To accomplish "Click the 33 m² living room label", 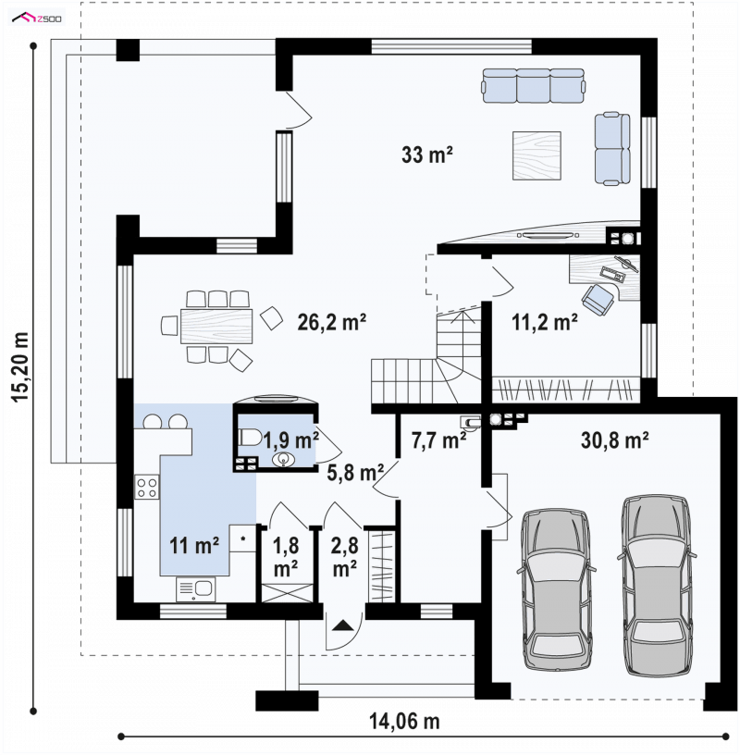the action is pos(427,155).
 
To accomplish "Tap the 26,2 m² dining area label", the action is pos(332,322).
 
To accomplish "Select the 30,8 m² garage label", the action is pos(614,439).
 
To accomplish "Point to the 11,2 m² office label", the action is pos(545,322).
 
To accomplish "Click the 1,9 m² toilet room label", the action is pos(290,440).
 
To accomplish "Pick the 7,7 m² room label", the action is pos(438,440).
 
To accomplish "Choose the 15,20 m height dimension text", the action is pos(20,367).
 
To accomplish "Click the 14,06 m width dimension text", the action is pos(404,722).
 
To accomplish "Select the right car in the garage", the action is pos(656,586).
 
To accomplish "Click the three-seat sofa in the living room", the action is pos(534,85).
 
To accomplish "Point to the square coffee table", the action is pos(536,155).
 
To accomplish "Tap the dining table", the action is pos(216,326).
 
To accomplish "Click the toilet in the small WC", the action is pos(250,438).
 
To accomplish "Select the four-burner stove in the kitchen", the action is pos(147,487).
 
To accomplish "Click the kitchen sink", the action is pos(196,588).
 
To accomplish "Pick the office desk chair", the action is pos(598,299).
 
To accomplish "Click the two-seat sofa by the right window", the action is pos(612,149).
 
